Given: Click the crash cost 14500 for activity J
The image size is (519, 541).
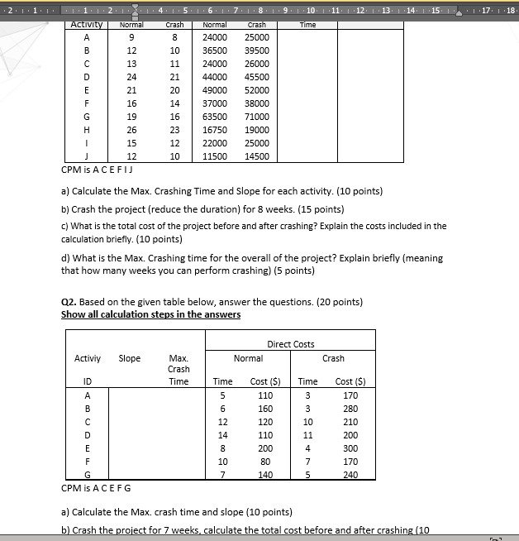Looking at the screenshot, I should click(x=257, y=156).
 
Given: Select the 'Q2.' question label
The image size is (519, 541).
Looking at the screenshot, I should click(x=69, y=301).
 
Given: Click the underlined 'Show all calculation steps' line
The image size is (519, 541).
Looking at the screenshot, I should click(x=150, y=314).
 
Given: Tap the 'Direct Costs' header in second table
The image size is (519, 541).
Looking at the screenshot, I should click(x=290, y=343).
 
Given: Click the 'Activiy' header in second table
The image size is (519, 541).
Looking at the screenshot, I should click(x=88, y=358).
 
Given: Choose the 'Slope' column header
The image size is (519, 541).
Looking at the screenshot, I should click(x=130, y=358).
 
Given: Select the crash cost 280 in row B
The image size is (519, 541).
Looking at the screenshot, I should click(x=350, y=408).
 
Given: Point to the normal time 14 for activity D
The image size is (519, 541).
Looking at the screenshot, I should click(x=222, y=434).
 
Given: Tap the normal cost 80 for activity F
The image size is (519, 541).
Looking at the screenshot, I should click(x=265, y=461).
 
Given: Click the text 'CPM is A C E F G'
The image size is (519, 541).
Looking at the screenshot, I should click(x=96, y=487).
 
